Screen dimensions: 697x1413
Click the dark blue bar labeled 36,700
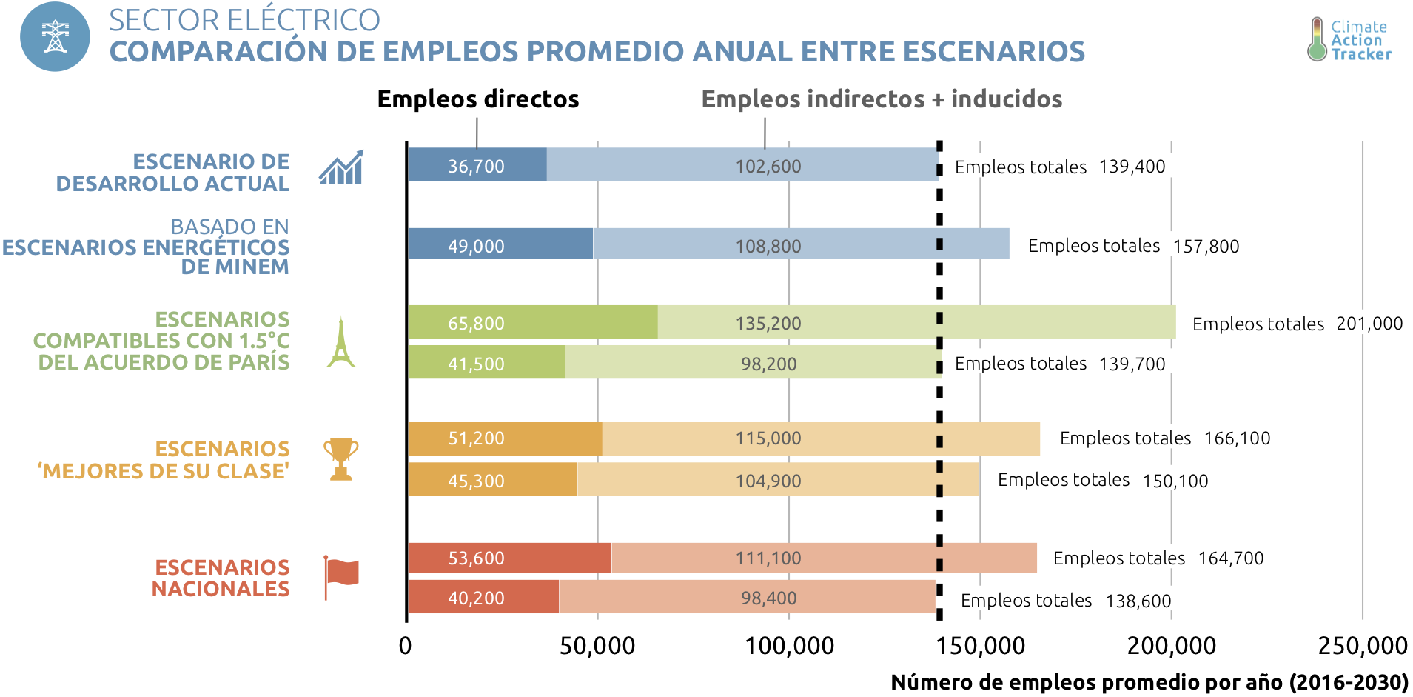point(477,165)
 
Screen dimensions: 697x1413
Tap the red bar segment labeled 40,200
point(483,597)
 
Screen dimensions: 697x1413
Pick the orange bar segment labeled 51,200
point(504,438)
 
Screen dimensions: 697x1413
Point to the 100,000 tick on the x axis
point(789,646)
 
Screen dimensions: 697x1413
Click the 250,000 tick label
point(1362,646)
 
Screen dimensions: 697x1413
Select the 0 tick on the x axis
point(405,646)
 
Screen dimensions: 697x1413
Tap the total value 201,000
point(1369,324)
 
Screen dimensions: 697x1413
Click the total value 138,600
point(1138,601)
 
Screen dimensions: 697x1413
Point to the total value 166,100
point(1237,438)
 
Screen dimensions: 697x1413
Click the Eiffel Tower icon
point(341,342)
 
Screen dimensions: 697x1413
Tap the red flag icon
point(341,576)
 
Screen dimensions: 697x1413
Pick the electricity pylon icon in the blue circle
point(55,37)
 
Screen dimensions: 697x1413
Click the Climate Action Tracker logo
point(1349,40)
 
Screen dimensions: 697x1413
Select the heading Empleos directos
point(478,99)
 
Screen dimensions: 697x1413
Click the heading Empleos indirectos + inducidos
point(882,99)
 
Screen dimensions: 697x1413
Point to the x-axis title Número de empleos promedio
point(1149,682)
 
